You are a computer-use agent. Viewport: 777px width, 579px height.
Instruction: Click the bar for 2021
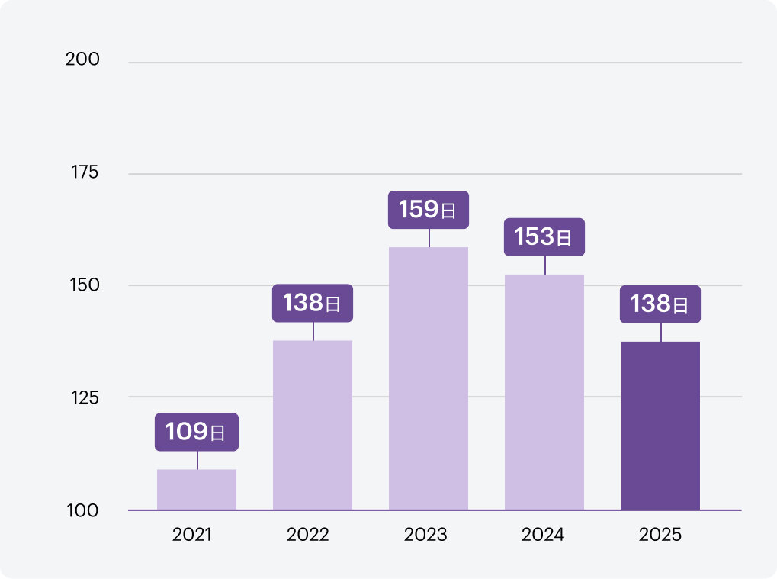[x=197, y=489]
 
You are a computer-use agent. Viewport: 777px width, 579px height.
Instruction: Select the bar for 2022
[x=313, y=425]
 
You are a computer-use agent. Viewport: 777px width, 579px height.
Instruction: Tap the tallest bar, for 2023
[x=429, y=378]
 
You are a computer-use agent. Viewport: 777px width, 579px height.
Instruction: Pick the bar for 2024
[x=544, y=391]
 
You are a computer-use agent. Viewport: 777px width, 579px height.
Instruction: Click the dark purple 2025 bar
[x=660, y=425]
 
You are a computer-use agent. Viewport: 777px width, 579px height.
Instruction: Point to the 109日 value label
[x=197, y=433]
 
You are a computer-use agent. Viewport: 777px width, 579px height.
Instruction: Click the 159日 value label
[x=429, y=210]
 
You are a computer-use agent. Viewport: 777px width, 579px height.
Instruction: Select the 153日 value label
[x=544, y=237]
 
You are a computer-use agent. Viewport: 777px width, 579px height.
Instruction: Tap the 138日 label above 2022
[x=313, y=304]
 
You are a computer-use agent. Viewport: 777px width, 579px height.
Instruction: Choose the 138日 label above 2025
[x=660, y=304]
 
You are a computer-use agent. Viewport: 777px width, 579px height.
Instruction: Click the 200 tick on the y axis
[x=83, y=60]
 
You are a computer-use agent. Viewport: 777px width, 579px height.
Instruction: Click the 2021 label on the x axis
[x=192, y=534]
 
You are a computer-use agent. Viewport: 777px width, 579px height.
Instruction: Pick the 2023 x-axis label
[x=425, y=534]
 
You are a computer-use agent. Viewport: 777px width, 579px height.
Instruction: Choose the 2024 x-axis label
[x=543, y=534]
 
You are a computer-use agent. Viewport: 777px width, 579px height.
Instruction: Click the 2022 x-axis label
[x=308, y=534]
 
